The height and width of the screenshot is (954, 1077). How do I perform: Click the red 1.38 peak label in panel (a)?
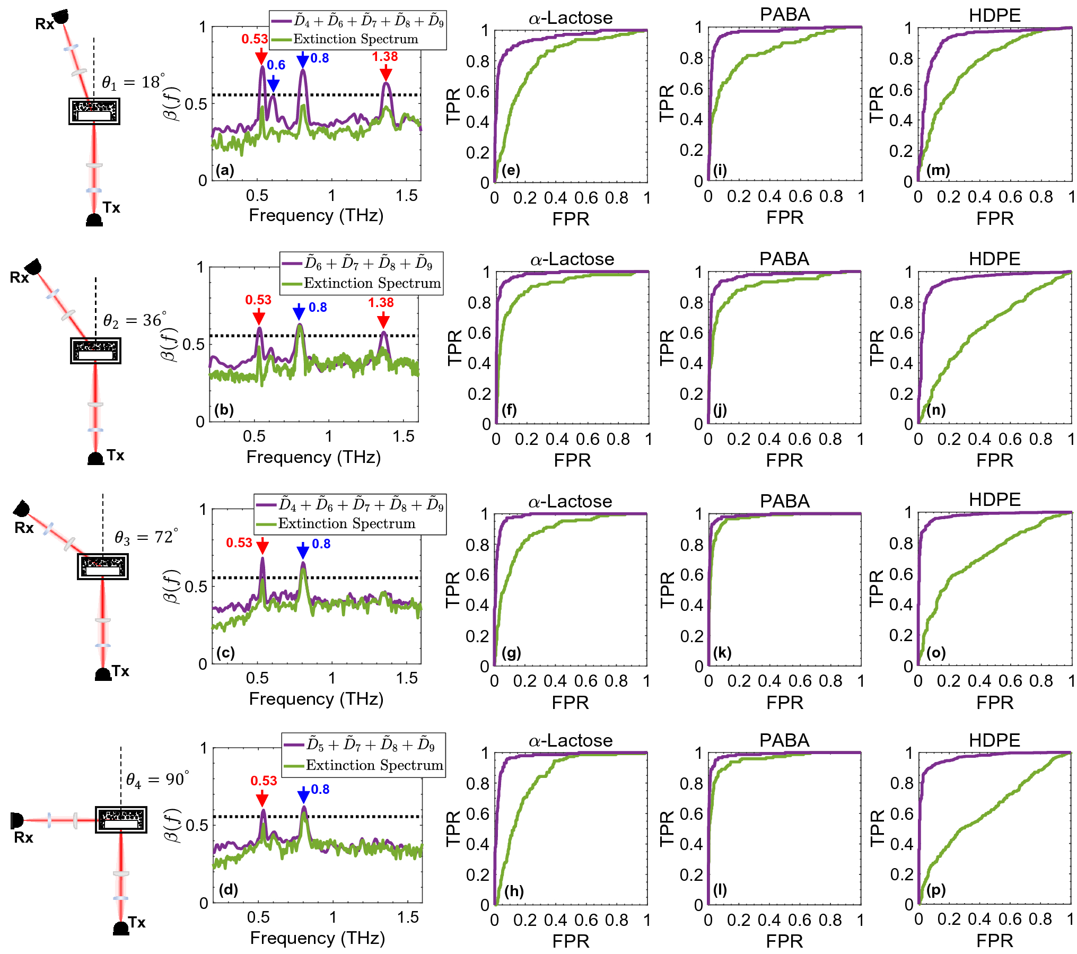(384, 57)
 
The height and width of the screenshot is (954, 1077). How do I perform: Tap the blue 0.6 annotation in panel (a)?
(276, 65)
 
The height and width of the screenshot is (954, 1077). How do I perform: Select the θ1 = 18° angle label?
(133, 82)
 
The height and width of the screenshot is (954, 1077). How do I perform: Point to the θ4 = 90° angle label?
(157, 779)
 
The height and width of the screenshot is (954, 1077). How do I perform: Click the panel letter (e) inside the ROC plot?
(511, 170)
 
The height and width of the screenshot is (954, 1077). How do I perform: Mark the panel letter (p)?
(936, 890)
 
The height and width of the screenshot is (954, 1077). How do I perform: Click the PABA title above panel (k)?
(784, 501)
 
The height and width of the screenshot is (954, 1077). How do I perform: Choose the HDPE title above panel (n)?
(994, 259)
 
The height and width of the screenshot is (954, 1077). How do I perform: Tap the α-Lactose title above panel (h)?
(571, 740)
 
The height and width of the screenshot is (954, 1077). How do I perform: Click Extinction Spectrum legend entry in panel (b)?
(372, 283)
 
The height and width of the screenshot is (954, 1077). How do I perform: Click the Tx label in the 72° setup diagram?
(120, 671)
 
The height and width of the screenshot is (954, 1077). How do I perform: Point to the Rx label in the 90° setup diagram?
(23, 837)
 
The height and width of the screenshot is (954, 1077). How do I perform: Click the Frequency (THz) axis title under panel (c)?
(316, 699)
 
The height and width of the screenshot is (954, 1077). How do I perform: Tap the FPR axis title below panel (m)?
(994, 218)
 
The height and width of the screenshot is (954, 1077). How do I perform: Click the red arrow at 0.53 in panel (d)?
(262, 798)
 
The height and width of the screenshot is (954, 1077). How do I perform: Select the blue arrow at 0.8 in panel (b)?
(299, 312)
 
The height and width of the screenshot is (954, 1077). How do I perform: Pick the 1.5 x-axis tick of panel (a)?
(406, 196)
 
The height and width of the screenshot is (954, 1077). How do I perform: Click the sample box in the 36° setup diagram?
(95, 351)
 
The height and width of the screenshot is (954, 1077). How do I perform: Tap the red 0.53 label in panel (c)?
(239, 542)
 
